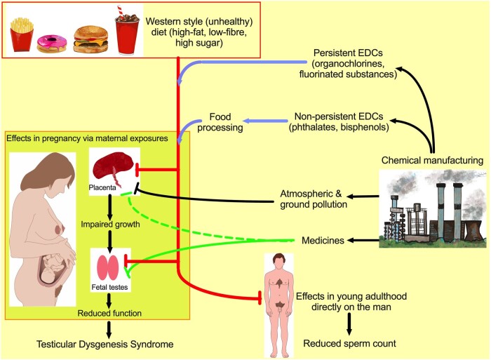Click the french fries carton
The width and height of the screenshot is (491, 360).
point(22,34)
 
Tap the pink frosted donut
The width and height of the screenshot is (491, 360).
point(52,44)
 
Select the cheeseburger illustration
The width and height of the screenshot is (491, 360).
point(90,39)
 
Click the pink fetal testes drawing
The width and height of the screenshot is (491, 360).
point(107,267)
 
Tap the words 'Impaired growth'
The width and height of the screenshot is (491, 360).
point(110,225)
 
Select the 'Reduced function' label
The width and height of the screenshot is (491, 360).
point(109,313)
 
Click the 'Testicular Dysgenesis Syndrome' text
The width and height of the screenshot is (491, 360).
point(105,344)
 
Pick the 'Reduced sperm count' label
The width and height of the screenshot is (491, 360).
point(349,343)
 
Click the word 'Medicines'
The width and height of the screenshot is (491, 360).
point(323,240)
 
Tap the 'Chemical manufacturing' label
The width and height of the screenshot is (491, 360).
point(432,160)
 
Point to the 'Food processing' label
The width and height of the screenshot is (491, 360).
point(220,122)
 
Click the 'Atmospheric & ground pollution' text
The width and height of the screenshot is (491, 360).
point(314,199)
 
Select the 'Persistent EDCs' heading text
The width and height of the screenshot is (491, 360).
point(348,53)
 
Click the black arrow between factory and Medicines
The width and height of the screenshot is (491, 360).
point(363,240)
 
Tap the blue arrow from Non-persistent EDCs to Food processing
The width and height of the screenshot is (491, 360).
point(265,121)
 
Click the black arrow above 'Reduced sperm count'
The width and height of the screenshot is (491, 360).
point(349,324)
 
